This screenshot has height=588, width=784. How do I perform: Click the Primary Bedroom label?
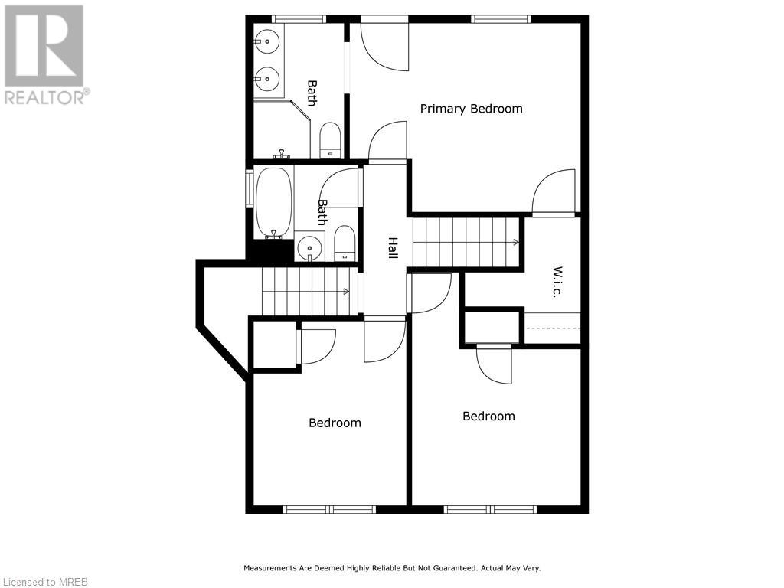tap(471, 109)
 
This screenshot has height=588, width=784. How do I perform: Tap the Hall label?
tap(392, 247)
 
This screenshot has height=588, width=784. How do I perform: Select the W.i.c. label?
tap(557, 283)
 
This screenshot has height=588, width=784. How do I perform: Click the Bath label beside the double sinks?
tap(312, 93)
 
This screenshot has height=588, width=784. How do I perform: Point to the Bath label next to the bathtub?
tap(322, 212)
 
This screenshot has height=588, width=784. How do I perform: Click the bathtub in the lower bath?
tap(273, 202)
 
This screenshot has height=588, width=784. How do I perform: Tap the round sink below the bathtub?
tap(309, 247)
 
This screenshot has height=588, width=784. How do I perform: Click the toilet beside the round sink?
tap(345, 244)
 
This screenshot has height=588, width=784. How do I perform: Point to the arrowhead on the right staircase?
tap(516, 242)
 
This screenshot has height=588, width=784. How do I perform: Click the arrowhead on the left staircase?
tap(347, 291)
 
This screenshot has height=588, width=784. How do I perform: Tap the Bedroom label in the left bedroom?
tap(335, 423)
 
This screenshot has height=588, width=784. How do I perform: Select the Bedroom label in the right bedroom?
tap(488, 416)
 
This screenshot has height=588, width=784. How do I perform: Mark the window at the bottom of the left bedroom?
tap(330, 509)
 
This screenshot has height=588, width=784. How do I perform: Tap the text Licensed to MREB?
tap(44, 581)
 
